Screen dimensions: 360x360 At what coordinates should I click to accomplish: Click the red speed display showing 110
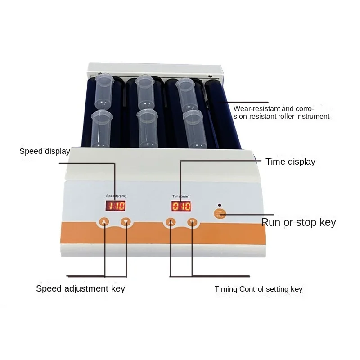click(115, 207)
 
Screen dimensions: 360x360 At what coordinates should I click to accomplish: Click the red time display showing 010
click(181, 207)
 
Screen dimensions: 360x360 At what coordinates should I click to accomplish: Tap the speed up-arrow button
click(104, 221)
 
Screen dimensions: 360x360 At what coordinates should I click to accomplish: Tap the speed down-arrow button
click(126, 221)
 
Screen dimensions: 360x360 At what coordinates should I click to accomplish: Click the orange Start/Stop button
click(220, 213)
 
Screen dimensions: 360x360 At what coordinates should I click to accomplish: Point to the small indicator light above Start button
click(219, 204)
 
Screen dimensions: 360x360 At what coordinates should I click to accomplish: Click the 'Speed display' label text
click(45, 151)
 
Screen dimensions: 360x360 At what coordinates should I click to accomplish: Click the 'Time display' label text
click(290, 162)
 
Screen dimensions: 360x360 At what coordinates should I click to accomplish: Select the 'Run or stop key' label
click(298, 222)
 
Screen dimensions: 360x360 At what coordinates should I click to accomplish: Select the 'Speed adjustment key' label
click(81, 288)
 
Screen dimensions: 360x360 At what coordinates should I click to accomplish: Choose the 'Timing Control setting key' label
click(258, 289)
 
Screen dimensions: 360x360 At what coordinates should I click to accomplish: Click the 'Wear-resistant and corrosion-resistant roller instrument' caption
click(281, 112)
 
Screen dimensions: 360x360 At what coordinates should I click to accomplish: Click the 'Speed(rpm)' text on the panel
click(115, 196)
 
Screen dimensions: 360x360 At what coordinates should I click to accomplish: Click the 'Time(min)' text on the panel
click(181, 196)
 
